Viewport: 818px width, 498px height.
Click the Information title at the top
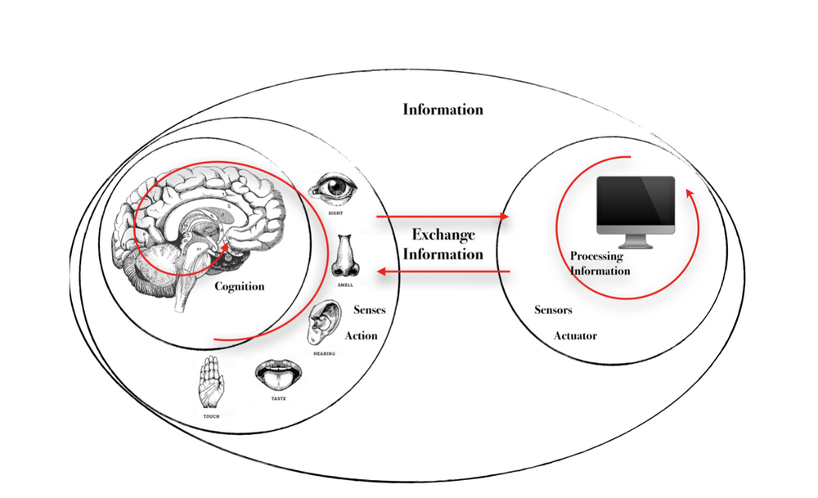pyautogui.click(x=443, y=110)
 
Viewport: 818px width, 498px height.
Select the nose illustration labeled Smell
pyautogui.click(x=344, y=255)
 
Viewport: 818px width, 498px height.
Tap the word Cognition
pyautogui.click(x=240, y=287)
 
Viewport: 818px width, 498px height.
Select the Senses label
pyautogui.click(x=369, y=311)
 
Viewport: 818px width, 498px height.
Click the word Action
pyautogui.click(x=361, y=335)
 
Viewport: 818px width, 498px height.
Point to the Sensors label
pyautogui.click(x=553, y=311)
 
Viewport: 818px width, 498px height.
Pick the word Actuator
pyautogui.click(x=575, y=336)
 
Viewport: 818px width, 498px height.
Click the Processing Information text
pyautogui.click(x=600, y=263)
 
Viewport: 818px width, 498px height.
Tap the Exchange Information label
pyautogui.click(x=443, y=244)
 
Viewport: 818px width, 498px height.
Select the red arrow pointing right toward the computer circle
pyautogui.click(x=442, y=217)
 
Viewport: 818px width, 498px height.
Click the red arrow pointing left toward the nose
pyautogui.click(x=442, y=271)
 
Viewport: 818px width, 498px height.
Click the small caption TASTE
pyautogui.click(x=278, y=398)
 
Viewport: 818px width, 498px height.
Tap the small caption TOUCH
pyautogui.click(x=211, y=416)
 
